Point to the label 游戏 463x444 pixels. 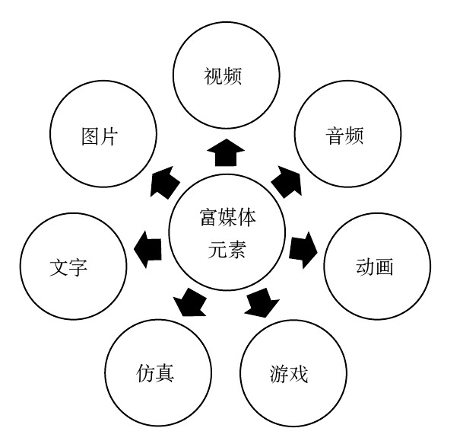coord(289,374)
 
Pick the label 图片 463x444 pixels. coord(99,136)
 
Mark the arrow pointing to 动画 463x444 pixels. coord(302,247)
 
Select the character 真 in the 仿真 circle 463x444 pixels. coord(168,374)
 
